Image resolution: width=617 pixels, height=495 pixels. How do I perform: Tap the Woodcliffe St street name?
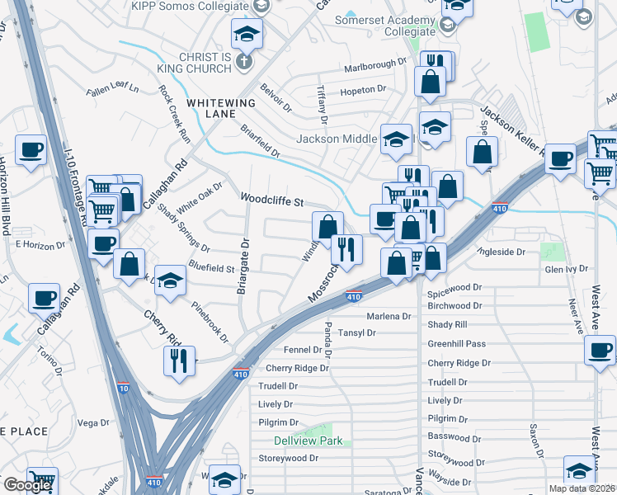pos(272,200)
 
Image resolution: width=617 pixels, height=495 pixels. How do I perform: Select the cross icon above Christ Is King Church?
pos(243,61)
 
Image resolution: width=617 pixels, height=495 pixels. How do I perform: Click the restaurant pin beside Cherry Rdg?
pos(179,359)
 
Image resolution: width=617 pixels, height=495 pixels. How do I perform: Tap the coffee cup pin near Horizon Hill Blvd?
pos(31,149)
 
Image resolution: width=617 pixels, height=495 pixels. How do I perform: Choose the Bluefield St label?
pos(212,268)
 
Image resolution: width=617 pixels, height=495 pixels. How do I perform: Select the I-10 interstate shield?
pos(123,388)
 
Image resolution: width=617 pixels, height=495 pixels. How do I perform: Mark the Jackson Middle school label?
pos(337,139)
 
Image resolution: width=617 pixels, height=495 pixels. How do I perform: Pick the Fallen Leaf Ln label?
pos(112,87)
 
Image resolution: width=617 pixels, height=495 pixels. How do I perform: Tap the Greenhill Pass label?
pos(456,343)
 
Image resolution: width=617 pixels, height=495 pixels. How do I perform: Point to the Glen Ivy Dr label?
pos(565,269)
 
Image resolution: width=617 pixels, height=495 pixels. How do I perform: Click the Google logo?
pos(27,485)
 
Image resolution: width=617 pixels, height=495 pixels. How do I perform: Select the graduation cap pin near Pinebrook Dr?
pos(170,280)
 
